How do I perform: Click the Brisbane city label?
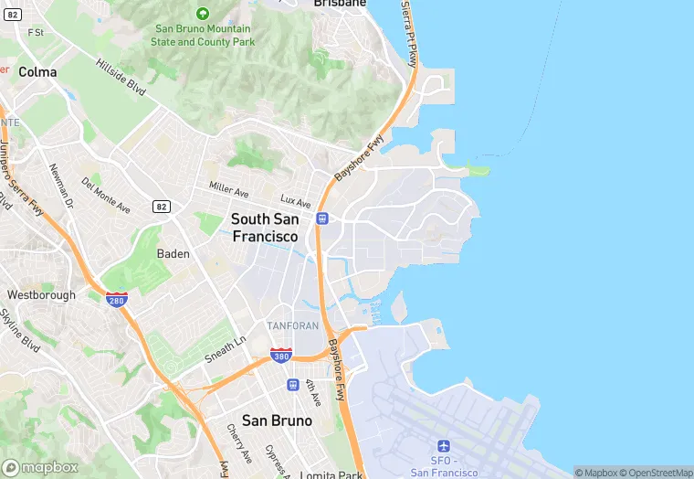(340, 4)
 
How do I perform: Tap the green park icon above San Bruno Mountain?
(203, 13)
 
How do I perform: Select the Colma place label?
(37, 71)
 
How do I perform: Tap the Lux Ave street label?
(296, 200)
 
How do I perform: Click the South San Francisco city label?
(265, 228)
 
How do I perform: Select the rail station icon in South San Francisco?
(321, 218)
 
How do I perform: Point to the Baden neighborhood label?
(173, 254)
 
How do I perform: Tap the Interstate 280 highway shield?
(115, 299)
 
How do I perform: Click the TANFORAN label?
(292, 325)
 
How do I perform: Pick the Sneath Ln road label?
(226, 348)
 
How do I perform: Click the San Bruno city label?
(277, 420)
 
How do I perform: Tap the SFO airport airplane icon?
(444, 446)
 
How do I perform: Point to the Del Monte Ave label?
(106, 195)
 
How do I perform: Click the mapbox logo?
(40, 467)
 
